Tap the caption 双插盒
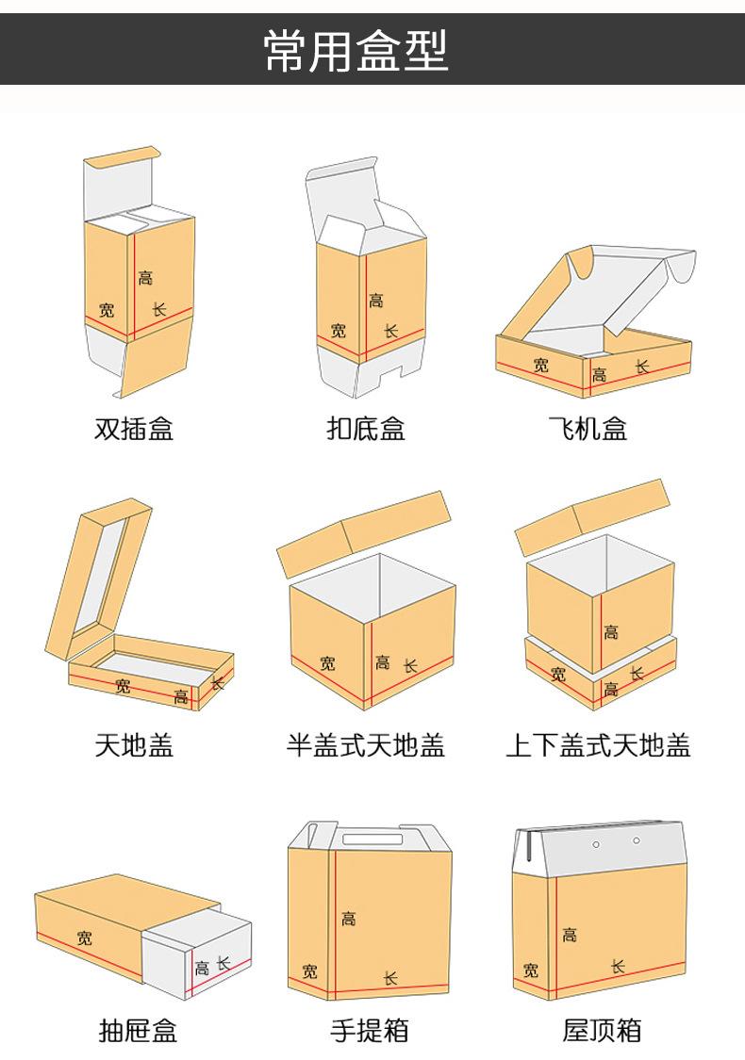[x=135, y=430]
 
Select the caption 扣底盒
[x=366, y=430]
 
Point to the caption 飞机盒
[x=588, y=430]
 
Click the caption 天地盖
[x=135, y=746]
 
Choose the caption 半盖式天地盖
[x=366, y=746]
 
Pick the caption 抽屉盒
[x=138, y=1030]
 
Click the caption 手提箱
[x=370, y=1030]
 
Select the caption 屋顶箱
[x=602, y=1030]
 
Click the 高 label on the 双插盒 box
[x=145, y=278]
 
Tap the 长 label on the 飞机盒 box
[x=642, y=367]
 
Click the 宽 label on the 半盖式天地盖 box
[x=327, y=664]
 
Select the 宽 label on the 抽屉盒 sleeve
[x=85, y=938]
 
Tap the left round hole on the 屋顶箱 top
[x=596, y=844]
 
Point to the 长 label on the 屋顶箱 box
[x=618, y=967]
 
